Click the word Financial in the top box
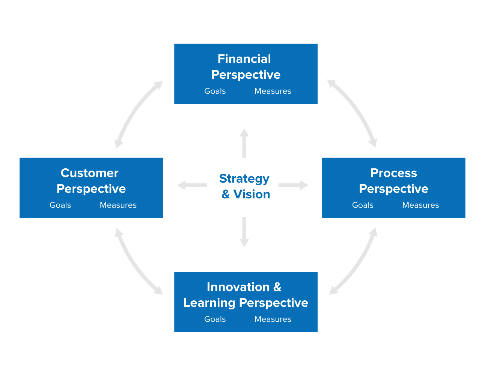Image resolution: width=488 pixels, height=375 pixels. [244, 59]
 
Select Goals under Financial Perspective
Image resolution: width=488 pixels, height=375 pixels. [215, 91]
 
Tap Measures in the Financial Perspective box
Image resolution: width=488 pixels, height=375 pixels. [273, 91]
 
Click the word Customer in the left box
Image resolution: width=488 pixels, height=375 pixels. [89, 173]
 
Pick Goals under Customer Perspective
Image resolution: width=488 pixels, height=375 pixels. [60, 205]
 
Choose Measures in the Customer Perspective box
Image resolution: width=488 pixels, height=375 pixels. [118, 205]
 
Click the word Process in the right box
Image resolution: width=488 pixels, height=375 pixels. [393, 173]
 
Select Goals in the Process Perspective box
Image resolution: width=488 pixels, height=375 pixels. [363, 205]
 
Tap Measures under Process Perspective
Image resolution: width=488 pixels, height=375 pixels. [420, 205]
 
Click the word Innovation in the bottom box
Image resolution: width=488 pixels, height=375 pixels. [238, 287]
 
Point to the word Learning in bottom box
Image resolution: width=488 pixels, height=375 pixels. [209, 303]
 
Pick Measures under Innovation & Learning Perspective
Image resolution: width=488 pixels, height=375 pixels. [273, 319]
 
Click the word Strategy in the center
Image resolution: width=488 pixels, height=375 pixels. [244, 178]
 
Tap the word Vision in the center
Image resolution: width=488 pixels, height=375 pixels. [252, 194]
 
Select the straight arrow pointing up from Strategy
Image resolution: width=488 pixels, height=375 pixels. [244, 143]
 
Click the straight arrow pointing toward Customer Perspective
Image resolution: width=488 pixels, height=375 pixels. [192, 185]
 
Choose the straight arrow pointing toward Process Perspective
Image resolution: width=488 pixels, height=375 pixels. [293, 185]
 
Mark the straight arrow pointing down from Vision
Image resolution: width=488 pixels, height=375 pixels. [244, 232]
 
